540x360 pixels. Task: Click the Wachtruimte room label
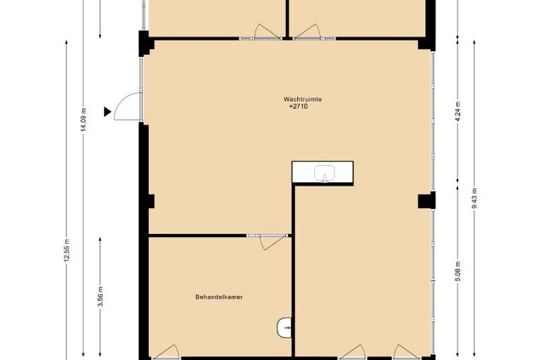point(303,99)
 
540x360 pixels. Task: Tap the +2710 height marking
point(298,107)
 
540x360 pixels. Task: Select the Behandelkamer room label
point(219,297)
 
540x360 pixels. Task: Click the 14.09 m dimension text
point(83,119)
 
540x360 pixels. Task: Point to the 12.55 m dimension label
point(67,251)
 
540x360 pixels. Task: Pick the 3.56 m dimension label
point(100,296)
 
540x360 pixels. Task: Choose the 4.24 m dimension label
point(458,111)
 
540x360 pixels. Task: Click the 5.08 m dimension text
point(458,271)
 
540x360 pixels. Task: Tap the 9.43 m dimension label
point(474,199)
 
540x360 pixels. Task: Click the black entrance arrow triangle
point(107,111)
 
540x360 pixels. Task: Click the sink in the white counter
point(324,173)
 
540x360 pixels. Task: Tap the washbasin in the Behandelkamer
point(284,327)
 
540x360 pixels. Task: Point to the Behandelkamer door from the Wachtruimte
point(270,241)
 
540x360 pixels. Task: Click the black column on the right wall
point(426,200)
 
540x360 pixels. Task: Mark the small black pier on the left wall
point(151,201)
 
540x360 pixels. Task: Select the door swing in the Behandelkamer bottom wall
point(165,352)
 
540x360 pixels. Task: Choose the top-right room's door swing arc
point(307,31)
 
